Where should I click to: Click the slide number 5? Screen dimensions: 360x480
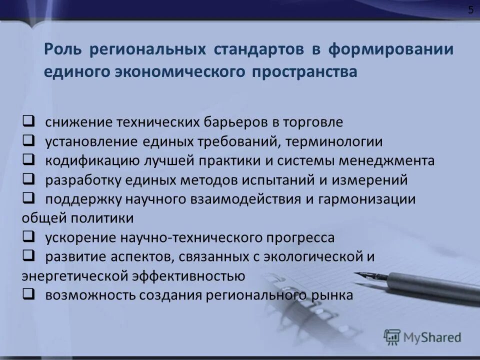470,10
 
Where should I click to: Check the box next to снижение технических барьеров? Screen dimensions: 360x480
28,121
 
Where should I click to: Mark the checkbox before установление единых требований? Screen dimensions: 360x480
28,140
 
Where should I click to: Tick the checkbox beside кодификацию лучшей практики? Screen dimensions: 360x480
28,159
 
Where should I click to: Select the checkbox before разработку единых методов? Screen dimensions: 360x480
28,178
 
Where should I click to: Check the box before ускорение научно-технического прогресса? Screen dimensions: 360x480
28,235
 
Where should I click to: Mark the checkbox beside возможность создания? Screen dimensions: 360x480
28,293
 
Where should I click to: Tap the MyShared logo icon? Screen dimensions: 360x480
392,336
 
